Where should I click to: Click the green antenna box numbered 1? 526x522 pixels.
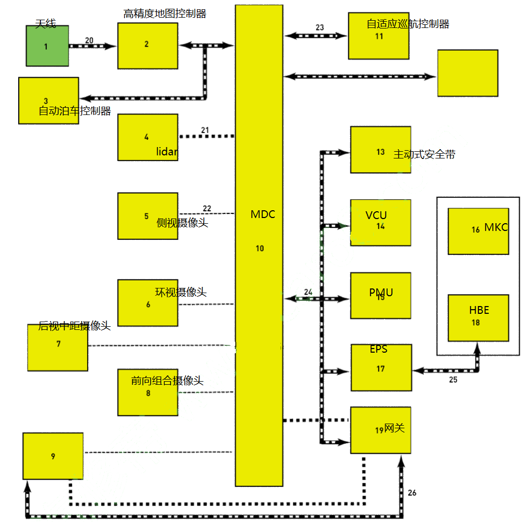(47, 46)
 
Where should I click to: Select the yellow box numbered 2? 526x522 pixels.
(147, 46)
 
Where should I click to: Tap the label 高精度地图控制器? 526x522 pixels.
(165, 14)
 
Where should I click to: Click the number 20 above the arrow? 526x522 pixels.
(89, 40)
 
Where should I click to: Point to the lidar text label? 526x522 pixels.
(167, 152)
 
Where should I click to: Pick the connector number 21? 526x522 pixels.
(205, 129)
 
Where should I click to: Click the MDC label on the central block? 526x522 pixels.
(263, 214)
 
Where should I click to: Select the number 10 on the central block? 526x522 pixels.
(260, 249)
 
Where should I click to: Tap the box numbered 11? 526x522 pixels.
(379, 36)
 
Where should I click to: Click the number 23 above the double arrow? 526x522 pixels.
(319, 27)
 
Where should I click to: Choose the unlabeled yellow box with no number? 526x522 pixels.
(467, 73)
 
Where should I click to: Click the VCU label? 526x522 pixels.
(376, 215)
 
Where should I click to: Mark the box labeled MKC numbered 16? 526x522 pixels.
(478, 231)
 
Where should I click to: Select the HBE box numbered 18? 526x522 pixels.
(478, 317)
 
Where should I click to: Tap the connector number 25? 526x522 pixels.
(453, 380)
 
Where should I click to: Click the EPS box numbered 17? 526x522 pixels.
(381, 367)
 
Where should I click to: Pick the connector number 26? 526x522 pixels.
(412, 492)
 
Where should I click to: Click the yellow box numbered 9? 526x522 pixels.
(53, 456)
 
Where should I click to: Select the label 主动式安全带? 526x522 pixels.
(424, 154)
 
